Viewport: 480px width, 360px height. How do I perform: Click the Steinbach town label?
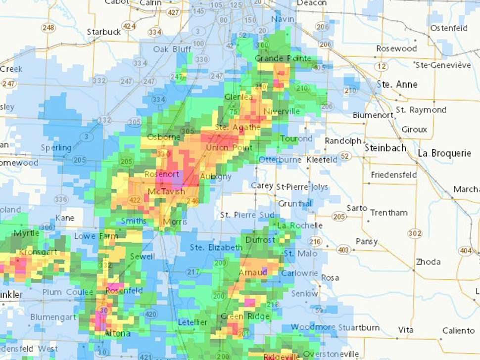point(385,148)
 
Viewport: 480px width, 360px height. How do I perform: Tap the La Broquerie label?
point(444,153)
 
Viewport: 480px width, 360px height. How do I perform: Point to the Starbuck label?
point(104,32)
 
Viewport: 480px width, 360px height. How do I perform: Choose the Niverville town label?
point(282,111)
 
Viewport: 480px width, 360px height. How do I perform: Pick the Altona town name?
point(118,334)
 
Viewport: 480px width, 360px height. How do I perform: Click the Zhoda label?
point(428,262)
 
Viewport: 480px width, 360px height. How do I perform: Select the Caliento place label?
point(458,330)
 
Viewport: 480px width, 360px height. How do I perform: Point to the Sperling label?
point(56,148)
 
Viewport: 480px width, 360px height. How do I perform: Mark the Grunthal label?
point(295,204)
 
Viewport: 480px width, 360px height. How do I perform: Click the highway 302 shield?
point(415,233)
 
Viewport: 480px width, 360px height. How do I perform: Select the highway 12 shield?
point(381,66)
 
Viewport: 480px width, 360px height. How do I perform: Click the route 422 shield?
point(135,200)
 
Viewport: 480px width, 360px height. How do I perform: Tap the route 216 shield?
point(315,242)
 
